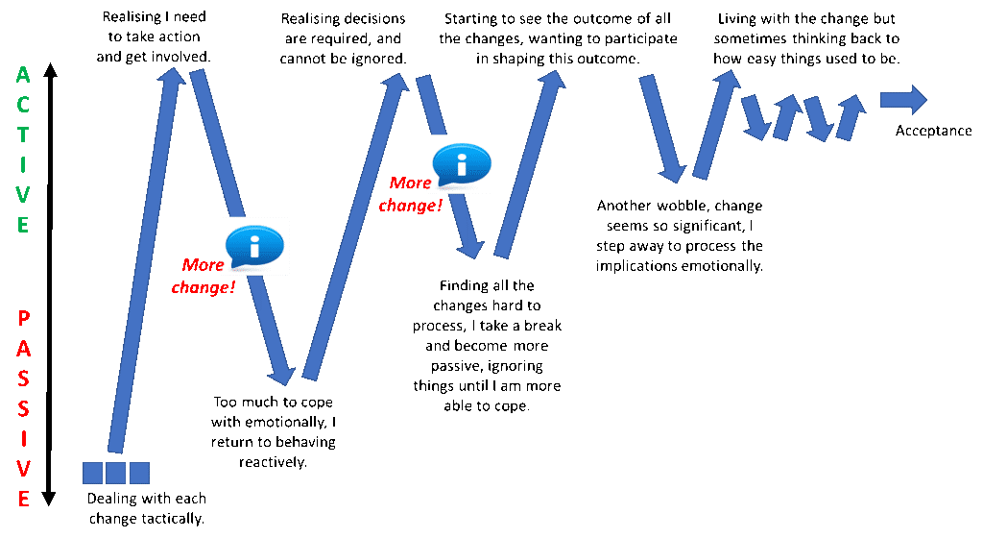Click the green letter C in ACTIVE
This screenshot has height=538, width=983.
23,105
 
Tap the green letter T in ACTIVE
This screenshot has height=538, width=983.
23,134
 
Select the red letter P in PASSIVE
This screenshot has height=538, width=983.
24,319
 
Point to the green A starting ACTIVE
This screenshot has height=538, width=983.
23,75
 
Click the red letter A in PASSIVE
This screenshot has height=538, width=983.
24,349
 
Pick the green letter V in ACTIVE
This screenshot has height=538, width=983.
23,195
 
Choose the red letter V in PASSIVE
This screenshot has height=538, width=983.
24,469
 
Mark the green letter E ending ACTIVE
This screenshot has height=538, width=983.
23,226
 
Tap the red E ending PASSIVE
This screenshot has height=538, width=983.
24,500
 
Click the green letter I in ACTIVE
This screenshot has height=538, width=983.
23,165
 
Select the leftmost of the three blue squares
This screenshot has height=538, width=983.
92,473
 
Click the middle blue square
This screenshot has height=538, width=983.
115,473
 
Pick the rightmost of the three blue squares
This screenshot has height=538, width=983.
139,473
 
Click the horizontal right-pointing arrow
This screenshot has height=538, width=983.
903,99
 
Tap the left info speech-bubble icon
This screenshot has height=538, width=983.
254,246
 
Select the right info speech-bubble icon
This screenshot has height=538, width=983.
462,164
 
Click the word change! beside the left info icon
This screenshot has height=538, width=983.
204,287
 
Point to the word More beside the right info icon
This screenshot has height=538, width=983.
410,183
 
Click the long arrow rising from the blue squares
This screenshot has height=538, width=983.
144,259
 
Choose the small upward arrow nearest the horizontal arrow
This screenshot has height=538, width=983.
850,118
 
